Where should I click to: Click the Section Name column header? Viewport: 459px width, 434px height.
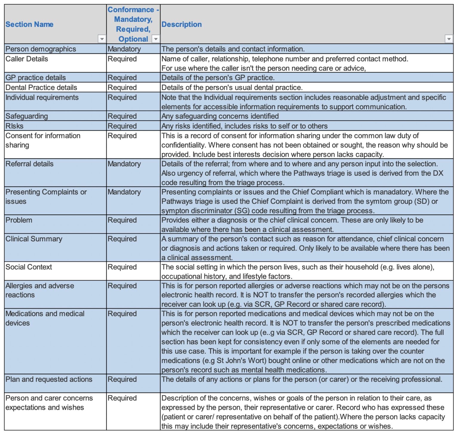[29, 24]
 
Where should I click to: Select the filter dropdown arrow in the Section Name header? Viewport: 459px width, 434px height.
[102, 39]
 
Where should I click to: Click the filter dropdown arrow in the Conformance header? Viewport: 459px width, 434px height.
[155, 39]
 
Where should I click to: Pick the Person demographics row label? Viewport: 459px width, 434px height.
[41, 49]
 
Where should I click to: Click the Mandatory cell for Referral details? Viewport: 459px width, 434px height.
[124, 164]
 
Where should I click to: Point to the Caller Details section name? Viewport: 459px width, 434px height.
[27, 59]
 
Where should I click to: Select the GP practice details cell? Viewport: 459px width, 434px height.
[36, 78]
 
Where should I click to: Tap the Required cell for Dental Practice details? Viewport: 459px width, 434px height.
[122, 87]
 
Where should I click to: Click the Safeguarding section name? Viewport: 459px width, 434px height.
[27, 116]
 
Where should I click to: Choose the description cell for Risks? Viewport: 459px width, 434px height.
[244, 126]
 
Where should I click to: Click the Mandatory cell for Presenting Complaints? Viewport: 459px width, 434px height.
[124, 192]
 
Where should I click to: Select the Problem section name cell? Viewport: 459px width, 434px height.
[19, 220]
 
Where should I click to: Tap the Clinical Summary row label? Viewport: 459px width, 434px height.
[34, 239]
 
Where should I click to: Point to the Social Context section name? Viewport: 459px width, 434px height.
[29, 267]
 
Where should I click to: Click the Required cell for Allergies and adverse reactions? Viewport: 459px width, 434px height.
[122, 286]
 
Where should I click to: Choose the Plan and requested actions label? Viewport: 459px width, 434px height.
[49, 379]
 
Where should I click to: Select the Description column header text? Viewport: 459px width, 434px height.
[181, 24]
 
